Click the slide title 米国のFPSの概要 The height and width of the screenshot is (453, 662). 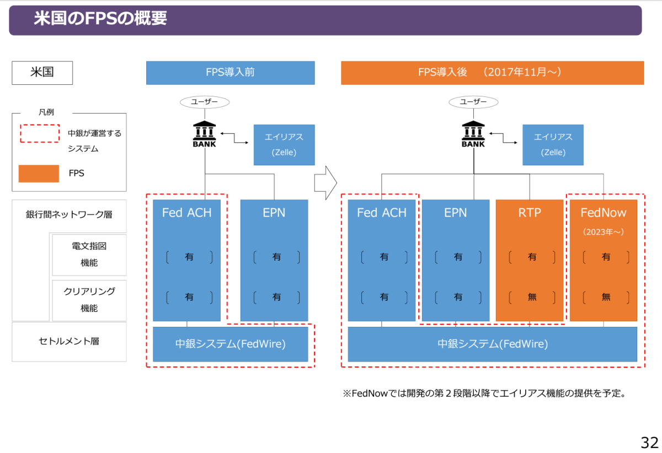[100, 19]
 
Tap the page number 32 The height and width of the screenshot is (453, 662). [649, 442]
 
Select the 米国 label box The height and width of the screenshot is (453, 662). [42, 73]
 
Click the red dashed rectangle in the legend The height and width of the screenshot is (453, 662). [40, 133]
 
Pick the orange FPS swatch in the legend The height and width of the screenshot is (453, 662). [39, 173]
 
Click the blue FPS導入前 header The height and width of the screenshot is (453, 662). [230, 73]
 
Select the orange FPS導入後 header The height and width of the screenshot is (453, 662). [492, 73]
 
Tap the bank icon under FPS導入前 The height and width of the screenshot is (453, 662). [205, 133]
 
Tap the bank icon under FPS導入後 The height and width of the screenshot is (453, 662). [473, 133]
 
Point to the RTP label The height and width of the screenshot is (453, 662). [530, 213]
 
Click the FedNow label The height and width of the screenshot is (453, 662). [604, 213]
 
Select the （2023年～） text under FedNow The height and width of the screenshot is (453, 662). [604, 232]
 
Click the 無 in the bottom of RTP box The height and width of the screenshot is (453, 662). [532, 297]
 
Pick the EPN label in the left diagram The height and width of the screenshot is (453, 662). [274, 213]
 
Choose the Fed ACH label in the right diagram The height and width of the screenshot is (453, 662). [381, 213]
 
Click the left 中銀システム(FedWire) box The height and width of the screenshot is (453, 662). [230, 344]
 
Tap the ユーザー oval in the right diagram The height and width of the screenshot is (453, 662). [473, 102]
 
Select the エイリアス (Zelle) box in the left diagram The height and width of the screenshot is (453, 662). [284, 144]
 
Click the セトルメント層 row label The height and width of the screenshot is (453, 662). [69, 341]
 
